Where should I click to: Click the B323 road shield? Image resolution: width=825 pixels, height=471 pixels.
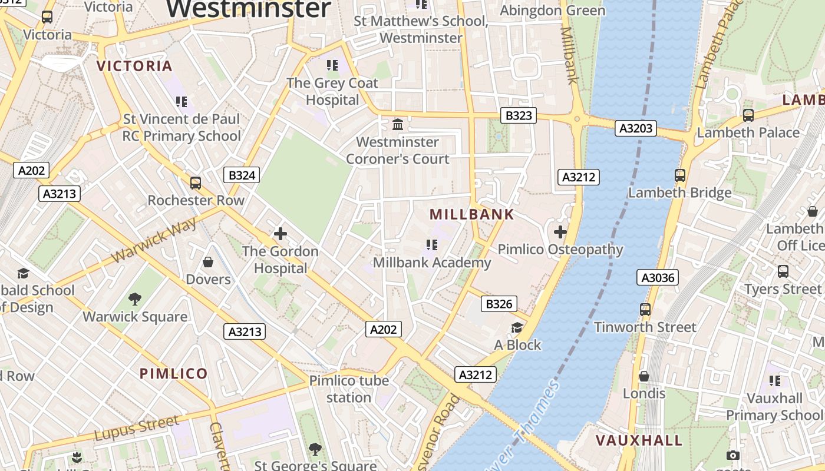coord(519,115)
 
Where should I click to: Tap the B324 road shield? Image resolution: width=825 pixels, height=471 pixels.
coord(242,175)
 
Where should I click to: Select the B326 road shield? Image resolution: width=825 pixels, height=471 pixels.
coord(499,304)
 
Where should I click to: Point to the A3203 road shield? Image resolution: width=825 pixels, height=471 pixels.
coord(636,128)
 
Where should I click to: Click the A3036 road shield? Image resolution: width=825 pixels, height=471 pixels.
coord(658,277)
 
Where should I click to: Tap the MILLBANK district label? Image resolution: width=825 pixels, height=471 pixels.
coord(472,214)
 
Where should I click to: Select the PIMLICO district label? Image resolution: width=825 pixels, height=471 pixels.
coord(174,373)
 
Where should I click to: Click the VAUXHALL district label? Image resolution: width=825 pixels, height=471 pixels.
coord(639,440)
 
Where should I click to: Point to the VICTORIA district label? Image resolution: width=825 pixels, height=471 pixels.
coord(134,66)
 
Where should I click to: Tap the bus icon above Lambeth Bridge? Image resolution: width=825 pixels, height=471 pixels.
coord(680,175)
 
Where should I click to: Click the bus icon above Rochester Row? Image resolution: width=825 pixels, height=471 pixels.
coord(196,183)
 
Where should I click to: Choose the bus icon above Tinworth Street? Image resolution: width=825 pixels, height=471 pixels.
coord(645,310)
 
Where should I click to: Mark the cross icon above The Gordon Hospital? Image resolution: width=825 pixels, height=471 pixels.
coord(280,234)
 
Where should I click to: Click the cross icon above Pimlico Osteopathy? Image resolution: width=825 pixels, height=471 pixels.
coord(560,232)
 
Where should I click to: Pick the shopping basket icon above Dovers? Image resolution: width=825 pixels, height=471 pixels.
coord(207,261)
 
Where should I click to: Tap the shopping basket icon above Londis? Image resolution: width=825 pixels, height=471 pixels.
coord(644,376)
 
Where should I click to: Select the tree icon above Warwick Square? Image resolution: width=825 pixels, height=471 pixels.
coord(135,299)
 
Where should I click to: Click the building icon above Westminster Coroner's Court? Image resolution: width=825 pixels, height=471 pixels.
coord(398,125)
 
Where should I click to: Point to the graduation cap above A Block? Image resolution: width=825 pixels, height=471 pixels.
coord(517,328)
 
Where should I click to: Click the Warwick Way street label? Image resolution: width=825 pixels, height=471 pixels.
coord(154,241)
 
